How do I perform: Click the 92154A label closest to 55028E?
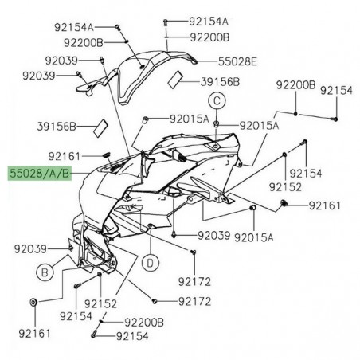point(208,21)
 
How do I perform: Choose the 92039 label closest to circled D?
point(213,237)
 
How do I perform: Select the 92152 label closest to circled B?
point(101,303)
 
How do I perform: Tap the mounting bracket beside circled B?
point(94,253)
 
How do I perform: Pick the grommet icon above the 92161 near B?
point(33,303)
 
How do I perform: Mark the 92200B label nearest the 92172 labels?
point(142,321)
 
